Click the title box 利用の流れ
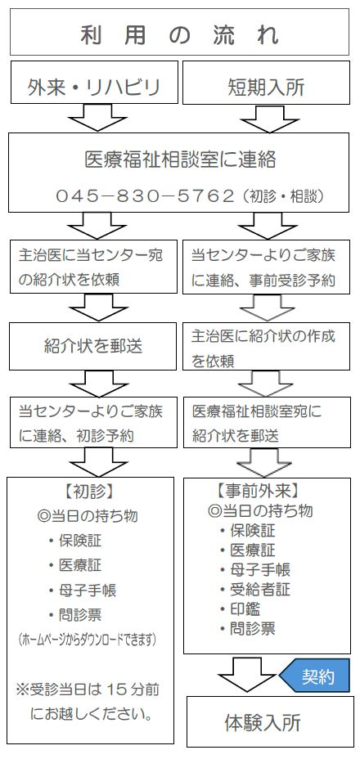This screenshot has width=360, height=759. point(180,35)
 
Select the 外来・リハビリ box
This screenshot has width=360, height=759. point(93,85)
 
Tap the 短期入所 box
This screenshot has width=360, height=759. point(267,85)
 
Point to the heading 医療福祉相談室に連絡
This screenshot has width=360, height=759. point(180,158)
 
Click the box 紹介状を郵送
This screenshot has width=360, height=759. point(93,345)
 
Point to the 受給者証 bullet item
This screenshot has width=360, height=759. point(254,589)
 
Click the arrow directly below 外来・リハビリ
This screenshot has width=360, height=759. point(93,119)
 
